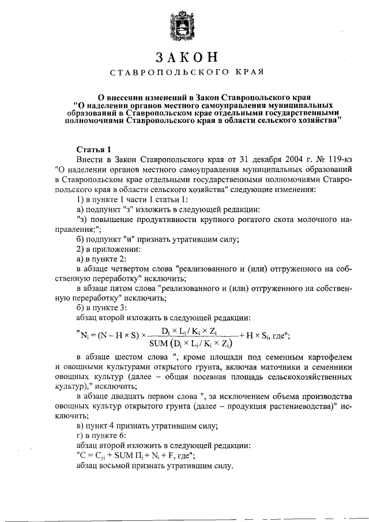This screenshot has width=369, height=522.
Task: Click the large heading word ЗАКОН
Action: (x=184, y=58)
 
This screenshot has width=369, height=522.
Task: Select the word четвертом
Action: (x=131, y=269)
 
